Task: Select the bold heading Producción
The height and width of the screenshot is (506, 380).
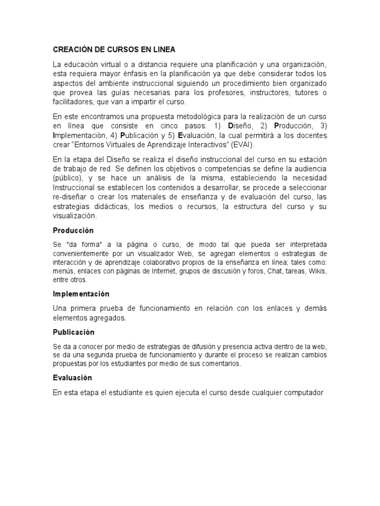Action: tap(73, 231)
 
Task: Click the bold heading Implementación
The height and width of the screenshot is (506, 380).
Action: tap(81, 294)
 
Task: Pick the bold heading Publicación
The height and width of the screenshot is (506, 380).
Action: tap(74, 332)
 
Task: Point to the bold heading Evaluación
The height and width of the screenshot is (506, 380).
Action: tap(73, 378)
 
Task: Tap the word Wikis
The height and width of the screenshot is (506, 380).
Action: tap(317, 272)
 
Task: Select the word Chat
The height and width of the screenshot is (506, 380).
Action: tap(275, 272)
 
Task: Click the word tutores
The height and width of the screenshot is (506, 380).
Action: tap(303, 93)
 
